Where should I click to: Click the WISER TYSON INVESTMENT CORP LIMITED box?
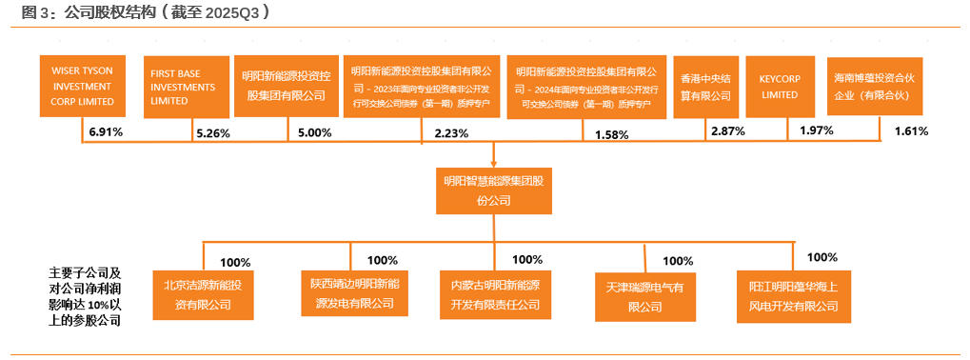pos(82,87)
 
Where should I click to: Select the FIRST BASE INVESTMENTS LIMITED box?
pos(186,87)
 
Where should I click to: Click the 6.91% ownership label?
pos(105,131)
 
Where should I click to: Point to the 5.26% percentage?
pos(213,133)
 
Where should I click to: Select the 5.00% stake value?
pos(315,132)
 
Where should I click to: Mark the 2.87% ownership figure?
pos(727,131)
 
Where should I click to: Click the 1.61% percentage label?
pos(911,130)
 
